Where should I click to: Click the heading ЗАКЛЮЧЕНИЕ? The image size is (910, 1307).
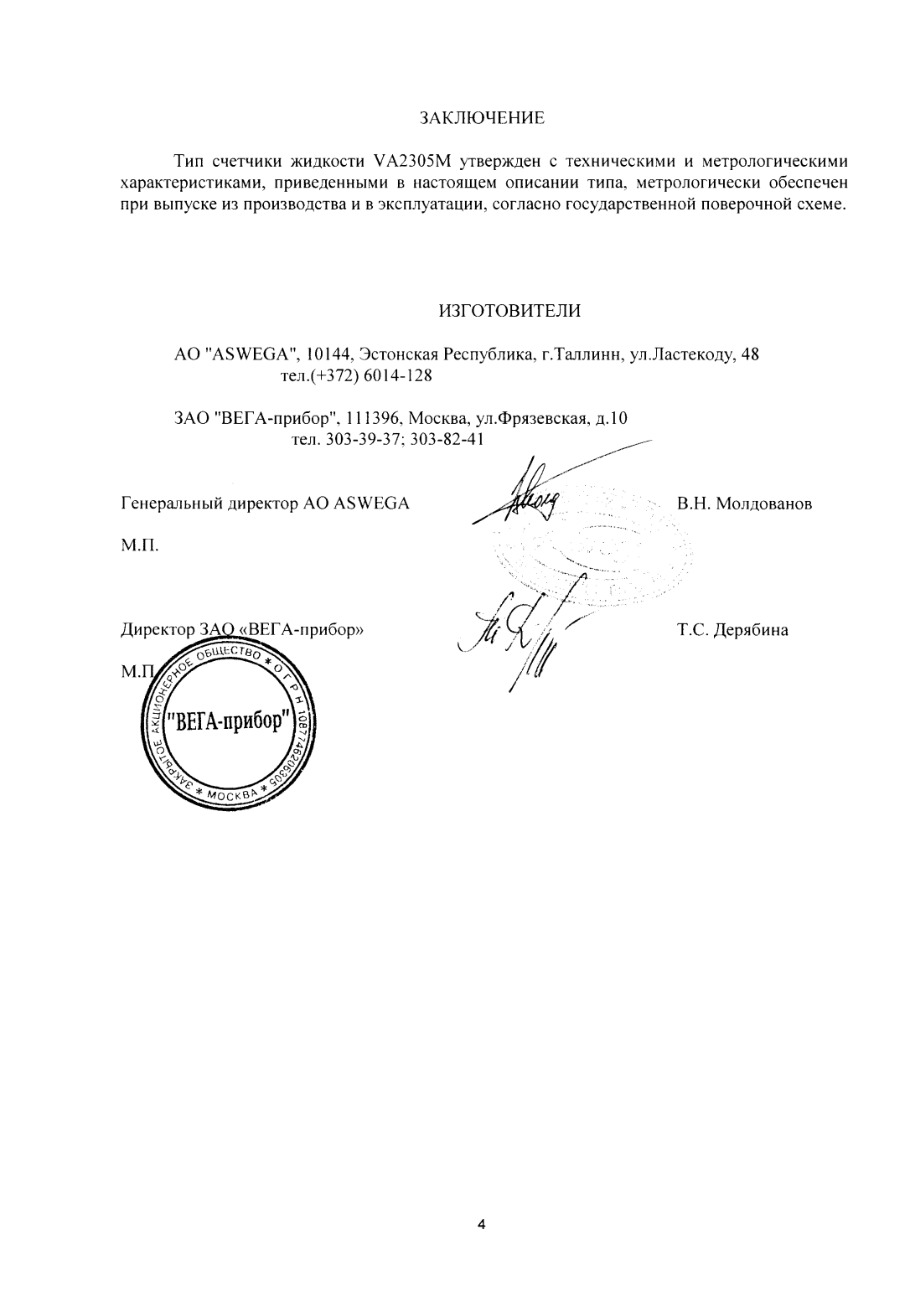[x=482, y=118]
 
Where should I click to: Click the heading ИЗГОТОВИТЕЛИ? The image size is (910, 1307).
[x=509, y=312]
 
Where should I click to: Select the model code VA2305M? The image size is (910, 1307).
[x=406, y=161]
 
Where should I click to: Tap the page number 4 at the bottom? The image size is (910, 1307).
[x=481, y=1225]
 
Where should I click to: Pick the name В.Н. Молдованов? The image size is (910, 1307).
[x=744, y=504]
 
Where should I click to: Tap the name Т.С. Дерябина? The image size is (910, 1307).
[x=732, y=630]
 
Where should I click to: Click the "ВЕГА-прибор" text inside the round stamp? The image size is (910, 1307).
[x=227, y=720]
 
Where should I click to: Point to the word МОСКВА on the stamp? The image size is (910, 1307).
[x=228, y=793]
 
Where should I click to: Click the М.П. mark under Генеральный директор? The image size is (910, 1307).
[x=139, y=545]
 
